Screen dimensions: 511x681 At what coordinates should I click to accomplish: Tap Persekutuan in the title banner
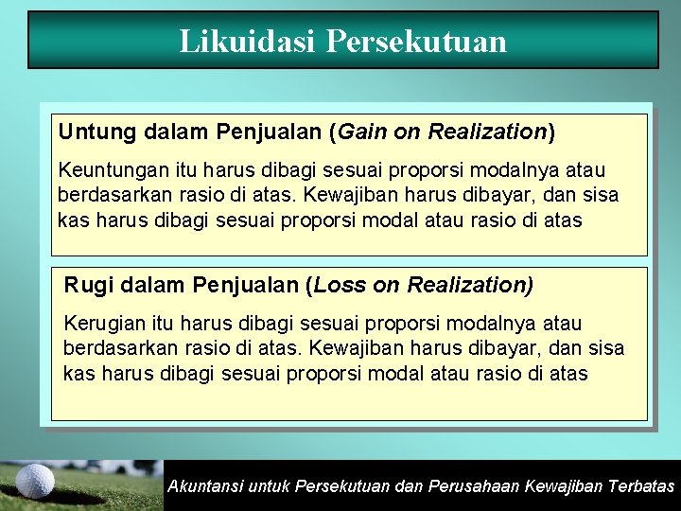[x=416, y=41]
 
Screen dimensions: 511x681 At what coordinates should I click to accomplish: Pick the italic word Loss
[x=339, y=284]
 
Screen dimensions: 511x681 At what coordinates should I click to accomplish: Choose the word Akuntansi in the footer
[x=203, y=486]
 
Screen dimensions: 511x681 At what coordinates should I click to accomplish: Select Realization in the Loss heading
[x=471, y=284]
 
